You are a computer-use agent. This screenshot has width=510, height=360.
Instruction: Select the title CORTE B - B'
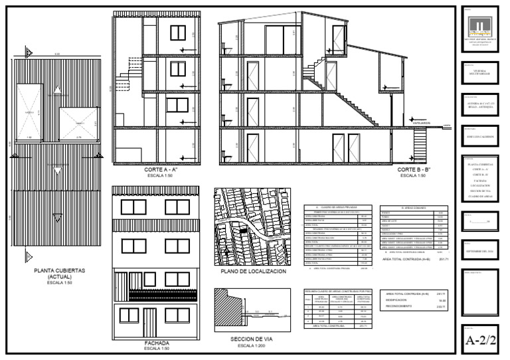point(412,170)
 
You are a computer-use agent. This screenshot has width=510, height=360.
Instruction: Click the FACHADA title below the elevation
point(157,343)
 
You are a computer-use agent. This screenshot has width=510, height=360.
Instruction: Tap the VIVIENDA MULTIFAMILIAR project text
point(478,70)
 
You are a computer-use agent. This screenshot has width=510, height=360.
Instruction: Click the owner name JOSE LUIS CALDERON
point(478,136)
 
